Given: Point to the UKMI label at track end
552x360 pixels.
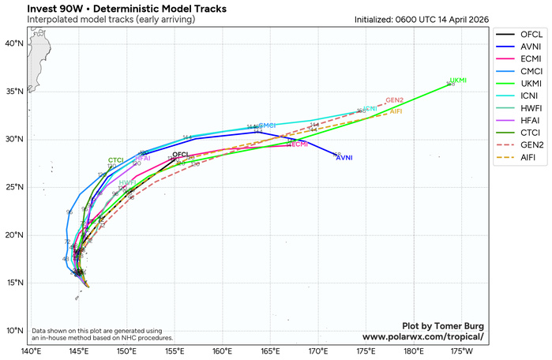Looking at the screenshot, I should (x=458, y=81).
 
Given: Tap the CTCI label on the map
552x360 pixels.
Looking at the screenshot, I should (x=116, y=160).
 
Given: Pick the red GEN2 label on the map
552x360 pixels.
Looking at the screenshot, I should (x=395, y=100).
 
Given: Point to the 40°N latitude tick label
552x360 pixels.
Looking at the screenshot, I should (x=17, y=43).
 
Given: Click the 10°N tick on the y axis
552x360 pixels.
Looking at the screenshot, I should (x=17, y=331).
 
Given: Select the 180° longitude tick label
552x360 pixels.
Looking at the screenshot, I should (x=415, y=350).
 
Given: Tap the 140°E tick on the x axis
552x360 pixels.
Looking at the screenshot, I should (x=31, y=350).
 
